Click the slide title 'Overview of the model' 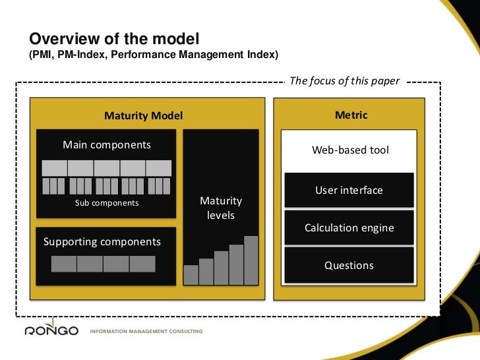pos(113,39)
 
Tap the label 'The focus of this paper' pos(345,81)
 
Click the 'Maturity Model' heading pos(143,116)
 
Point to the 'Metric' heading pos(351,115)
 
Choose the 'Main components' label pos(107,144)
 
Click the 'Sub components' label pos(107,203)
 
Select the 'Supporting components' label pos(102,241)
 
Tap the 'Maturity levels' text pos(221,208)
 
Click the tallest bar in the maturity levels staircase pos(251,260)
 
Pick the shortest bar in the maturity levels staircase pos(191,274)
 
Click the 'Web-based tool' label pos(350,150)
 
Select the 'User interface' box pos(349,190)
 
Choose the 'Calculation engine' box pos(349,228)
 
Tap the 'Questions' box pos(349,265)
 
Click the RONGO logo pos(51,330)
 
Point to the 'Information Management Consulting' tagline pos(146,331)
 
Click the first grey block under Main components pos(54,167)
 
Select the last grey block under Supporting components pos(142,264)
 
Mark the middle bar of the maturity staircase pos(221,267)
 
